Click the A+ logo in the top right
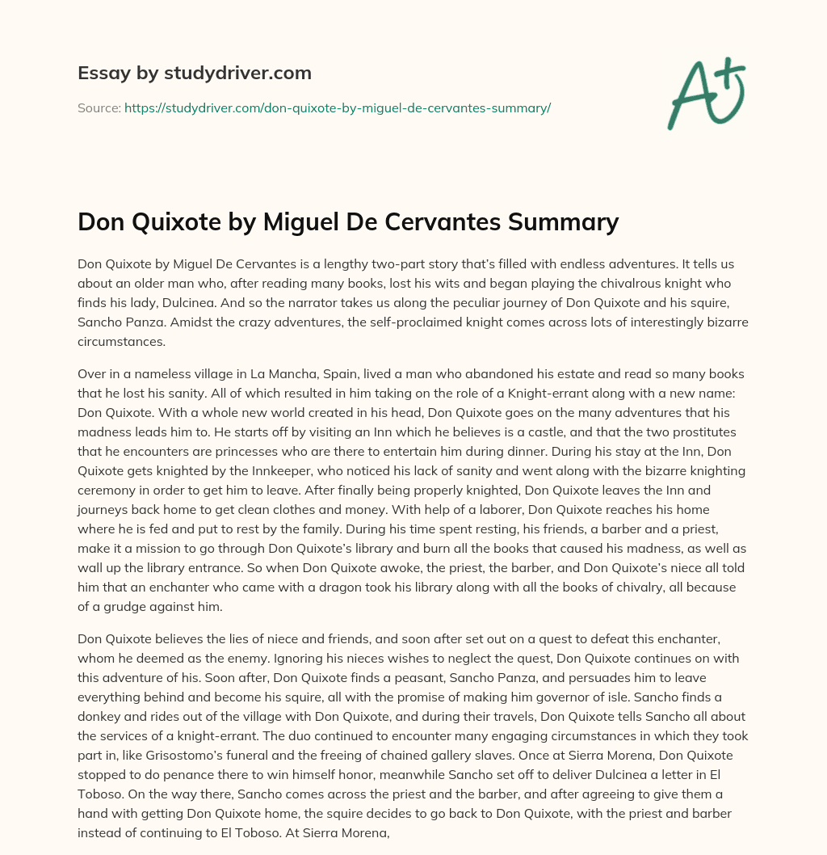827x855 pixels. tap(705, 93)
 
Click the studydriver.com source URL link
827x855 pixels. tap(337, 107)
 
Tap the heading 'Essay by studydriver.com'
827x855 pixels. tap(194, 73)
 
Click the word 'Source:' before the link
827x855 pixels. tap(99, 107)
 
